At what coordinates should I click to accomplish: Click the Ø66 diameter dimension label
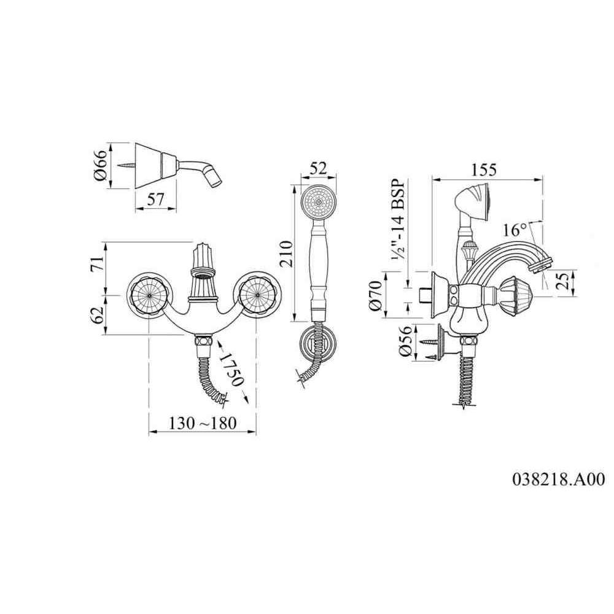(x=101, y=165)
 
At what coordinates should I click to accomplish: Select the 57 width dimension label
(x=155, y=200)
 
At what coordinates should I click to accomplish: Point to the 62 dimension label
(x=98, y=314)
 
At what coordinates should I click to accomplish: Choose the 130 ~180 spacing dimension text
(x=203, y=423)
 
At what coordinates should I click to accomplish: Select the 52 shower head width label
(x=318, y=169)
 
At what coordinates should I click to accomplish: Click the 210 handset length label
(x=286, y=254)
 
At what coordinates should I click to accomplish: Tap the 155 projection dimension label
(x=484, y=169)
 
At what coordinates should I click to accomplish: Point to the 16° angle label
(x=515, y=230)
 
